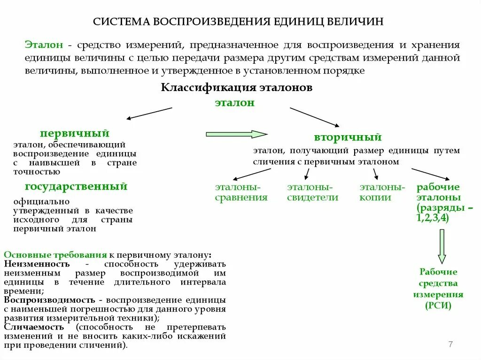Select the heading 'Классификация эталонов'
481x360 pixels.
click(237, 88)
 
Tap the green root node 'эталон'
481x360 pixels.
click(235, 103)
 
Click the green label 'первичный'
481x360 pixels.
click(75, 133)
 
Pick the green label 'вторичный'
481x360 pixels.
click(348, 138)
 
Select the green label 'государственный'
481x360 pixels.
click(76, 186)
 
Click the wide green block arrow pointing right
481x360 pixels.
click(236, 134)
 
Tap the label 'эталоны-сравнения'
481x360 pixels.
click(241, 192)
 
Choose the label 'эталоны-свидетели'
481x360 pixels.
click(312, 192)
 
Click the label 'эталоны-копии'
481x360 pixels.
click(382, 192)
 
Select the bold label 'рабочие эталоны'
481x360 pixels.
click(439, 192)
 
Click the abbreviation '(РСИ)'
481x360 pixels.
click(438, 306)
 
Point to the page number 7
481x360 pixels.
click(450, 345)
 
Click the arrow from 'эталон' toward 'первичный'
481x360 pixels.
click(149, 113)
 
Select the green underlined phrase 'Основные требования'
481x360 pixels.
click(55, 255)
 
